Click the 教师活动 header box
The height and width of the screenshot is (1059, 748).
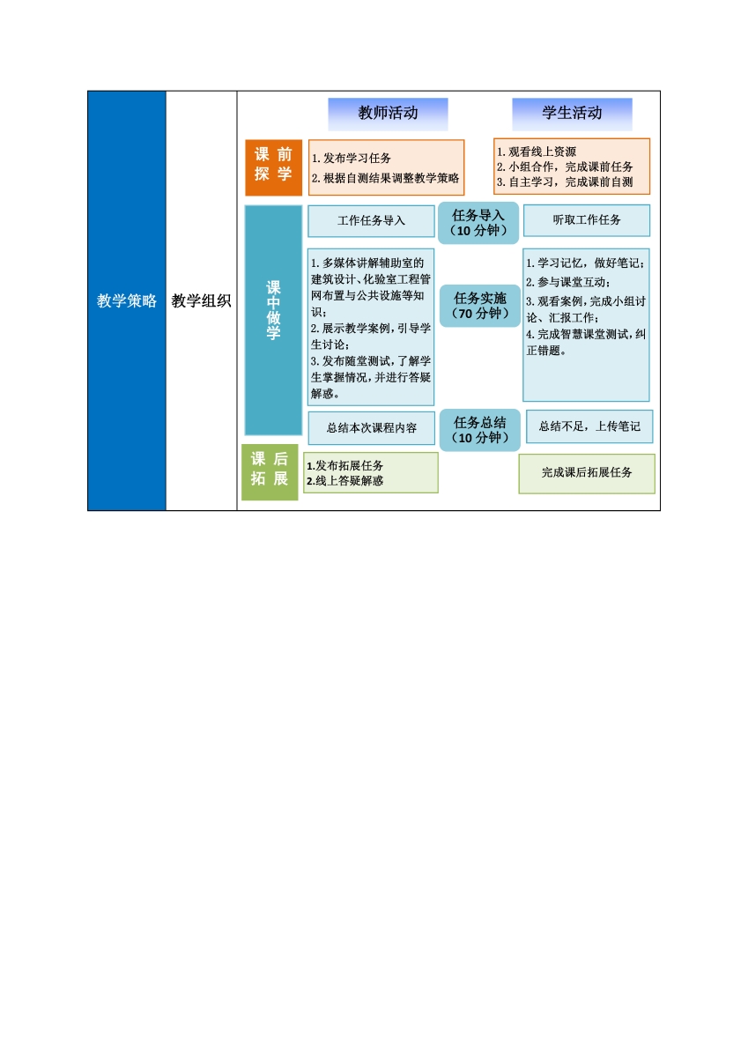pos(388,114)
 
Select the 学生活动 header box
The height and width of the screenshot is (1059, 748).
pos(572,114)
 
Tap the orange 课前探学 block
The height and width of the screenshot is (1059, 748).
pos(273,167)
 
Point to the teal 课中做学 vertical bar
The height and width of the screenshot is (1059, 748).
pos(273,320)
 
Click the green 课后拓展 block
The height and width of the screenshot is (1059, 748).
pos(270,472)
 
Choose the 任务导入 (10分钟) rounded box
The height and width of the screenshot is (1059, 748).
pos(478,223)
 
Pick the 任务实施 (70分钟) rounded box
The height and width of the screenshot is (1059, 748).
pos(480,306)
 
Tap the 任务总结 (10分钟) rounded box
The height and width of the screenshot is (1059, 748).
pos(480,430)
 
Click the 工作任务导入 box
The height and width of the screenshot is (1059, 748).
pos(371,221)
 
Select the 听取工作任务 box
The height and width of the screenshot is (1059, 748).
pos(586,220)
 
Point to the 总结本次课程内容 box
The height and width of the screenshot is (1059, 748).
pos(371,428)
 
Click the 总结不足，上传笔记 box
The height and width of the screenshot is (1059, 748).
pos(589,426)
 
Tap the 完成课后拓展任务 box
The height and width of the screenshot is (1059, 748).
pos(586,473)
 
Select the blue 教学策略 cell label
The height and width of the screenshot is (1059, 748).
pos(127,300)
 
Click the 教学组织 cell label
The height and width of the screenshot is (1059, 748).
pos(201,300)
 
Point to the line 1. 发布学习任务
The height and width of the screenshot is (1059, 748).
pos(352,159)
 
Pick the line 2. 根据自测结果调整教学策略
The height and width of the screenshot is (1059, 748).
pos(385,178)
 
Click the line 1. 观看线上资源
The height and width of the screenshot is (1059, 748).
pos(537,152)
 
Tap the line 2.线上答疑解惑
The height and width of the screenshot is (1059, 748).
pos(344,481)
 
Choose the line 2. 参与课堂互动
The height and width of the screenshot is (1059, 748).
pos(568,282)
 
